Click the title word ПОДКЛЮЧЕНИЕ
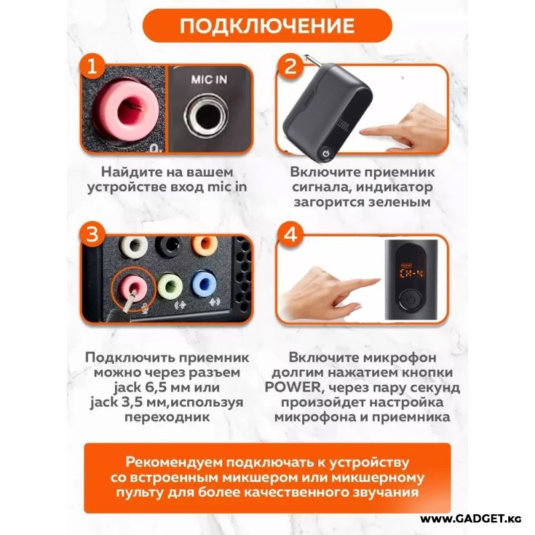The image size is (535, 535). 267,25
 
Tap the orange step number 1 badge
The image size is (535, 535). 92,66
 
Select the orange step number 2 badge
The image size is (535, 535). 290,66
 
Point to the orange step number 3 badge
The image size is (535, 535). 92,235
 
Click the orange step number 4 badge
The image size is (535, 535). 290,235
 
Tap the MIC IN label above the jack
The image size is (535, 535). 209,80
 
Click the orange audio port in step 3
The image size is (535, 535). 205,245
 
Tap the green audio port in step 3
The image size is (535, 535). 171,286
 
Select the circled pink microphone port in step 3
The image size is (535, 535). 132,287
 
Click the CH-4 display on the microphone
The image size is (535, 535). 411,273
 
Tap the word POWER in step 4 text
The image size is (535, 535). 293,387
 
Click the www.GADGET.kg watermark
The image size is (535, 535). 471,519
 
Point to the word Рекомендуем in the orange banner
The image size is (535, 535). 174,462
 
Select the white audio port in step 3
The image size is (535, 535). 134,245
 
